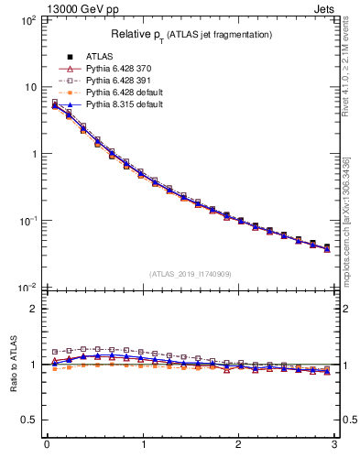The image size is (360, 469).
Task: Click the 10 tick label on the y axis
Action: click(x=29, y=87)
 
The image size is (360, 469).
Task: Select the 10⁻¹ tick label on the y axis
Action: click(x=26, y=221)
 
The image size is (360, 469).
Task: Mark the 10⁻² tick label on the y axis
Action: click(x=26, y=288)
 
